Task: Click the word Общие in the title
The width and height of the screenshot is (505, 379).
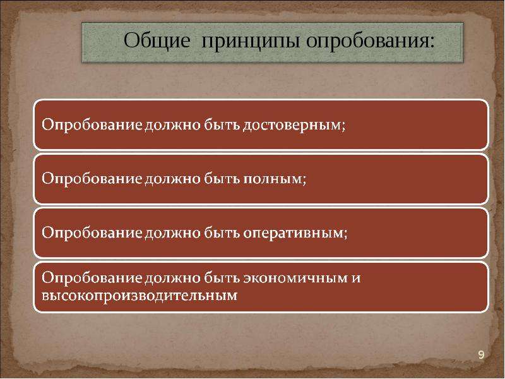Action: (x=157, y=41)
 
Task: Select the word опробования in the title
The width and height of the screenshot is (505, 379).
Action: (x=367, y=42)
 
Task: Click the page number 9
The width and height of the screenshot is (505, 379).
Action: (x=481, y=355)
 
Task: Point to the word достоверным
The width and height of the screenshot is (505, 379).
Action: (x=292, y=124)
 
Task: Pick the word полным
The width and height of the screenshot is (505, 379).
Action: (x=272, y=179)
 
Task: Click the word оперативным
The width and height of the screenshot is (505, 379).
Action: (x=293, y=233)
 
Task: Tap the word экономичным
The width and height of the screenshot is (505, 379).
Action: (x=295, y=278)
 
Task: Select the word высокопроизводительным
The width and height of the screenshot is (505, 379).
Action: (x=140, y=296)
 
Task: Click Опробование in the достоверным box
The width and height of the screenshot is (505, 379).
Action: (x=92, y=124)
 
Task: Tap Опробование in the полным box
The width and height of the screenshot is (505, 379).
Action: (x=92, y=179)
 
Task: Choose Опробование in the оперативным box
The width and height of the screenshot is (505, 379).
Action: (x=92, y=232)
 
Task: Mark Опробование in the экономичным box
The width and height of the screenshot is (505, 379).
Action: (x=92, y=277)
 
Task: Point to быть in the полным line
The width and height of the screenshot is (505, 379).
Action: (x=222, y=178)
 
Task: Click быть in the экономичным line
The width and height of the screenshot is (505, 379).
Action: (x=222, y=277)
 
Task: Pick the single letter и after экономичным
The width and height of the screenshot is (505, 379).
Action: (x=356, y=278)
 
